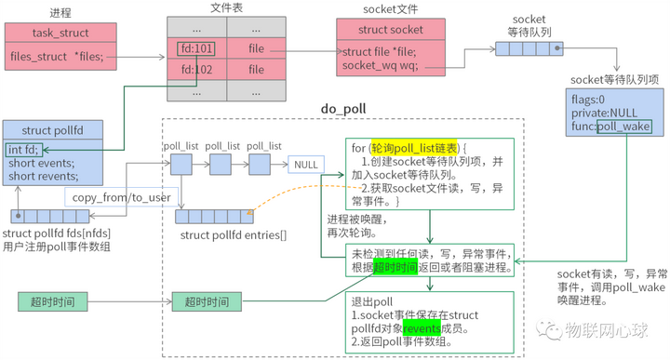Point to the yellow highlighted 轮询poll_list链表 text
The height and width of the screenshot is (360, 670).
[411, 148]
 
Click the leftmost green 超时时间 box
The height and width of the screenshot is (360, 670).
[52, 302]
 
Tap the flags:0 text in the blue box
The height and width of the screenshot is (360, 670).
[589, 100]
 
